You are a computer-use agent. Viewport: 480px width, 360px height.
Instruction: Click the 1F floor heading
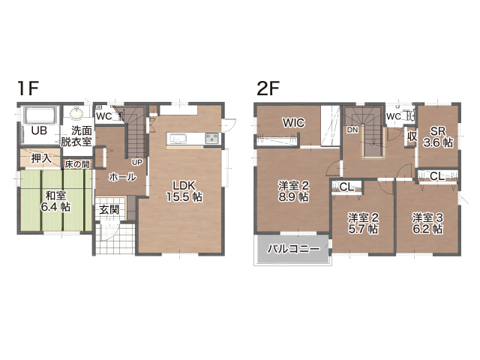pos(28,88)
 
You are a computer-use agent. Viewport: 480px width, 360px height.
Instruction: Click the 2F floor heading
pos(268,88)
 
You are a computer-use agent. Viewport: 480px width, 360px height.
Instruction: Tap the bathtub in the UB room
pos(41,115)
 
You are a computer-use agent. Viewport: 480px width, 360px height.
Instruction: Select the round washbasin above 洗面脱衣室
pos(76,113)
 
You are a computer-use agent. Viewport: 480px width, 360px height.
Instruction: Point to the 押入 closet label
pos(41,158)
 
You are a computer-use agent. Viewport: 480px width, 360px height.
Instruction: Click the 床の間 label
pos(76,164)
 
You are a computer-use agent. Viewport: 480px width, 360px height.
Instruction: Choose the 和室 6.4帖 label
pos(55,201)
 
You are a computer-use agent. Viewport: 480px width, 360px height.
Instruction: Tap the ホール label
pos(122,177)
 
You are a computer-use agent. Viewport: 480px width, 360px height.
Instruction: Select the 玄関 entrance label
pos(109,210)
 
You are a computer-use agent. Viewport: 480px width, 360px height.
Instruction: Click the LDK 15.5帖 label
pos(184,191)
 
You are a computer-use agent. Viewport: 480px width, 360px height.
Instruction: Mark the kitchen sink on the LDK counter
pos(176,139)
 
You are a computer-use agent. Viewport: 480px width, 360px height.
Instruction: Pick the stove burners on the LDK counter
pos(211,138)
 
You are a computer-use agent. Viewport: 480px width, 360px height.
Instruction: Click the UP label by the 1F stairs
pos(136,162)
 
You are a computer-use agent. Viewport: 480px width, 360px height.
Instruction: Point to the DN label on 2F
pos(352,130)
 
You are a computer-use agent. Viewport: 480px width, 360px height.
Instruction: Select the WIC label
pos(293,123)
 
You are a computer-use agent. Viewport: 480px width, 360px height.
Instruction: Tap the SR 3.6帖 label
pos(438,136)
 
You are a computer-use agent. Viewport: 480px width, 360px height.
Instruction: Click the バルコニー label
pos(293,248)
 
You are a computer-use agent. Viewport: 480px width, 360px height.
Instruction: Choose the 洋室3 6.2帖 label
pos(427,223)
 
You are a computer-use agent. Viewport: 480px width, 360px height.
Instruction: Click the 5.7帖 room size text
pos(363,229)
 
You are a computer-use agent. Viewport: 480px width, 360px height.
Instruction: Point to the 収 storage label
pos(412,136)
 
